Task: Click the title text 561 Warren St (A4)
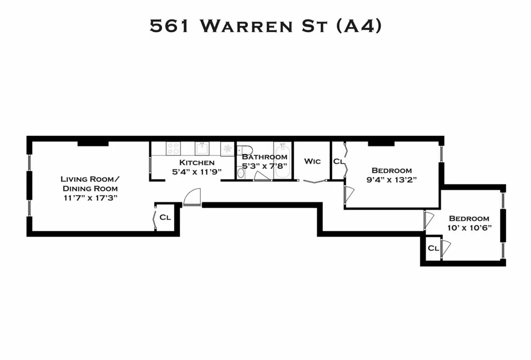(265, 26)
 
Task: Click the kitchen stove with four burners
(173, 148)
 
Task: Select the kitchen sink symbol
(201, 148)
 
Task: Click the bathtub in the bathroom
(282, 161)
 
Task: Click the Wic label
(312, 161)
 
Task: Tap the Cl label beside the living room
(165, 217)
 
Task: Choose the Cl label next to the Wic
(338, 161)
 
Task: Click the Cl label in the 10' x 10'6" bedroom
(433, 248)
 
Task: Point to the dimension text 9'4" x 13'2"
(391, 180)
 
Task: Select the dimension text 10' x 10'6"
(469, 227)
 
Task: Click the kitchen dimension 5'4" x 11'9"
(197, 171)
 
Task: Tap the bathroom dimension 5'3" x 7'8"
(265, 166)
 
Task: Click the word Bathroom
(264, 157)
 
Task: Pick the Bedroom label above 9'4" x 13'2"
(391, 171)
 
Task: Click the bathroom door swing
(262, 176)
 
